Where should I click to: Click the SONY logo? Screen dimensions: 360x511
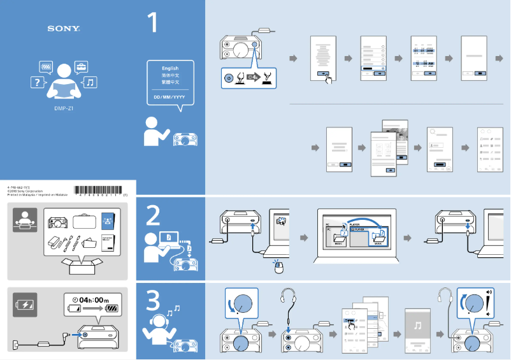click(x=64, y=29)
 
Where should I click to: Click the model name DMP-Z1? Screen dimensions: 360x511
click(x=64, y=108)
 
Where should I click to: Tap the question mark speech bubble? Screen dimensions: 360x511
click(x=40, y=83)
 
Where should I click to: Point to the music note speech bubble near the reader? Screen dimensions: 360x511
click(x=90, y=82)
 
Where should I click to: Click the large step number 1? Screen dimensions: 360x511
click(x=154, y=22)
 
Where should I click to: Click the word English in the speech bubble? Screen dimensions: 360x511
click(x=170, y=68)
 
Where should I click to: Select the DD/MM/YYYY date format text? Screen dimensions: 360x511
click(x=169, y=97)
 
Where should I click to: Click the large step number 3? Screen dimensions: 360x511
click(x=153, y=300)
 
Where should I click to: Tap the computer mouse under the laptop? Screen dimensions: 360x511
click(x=278, y=268)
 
